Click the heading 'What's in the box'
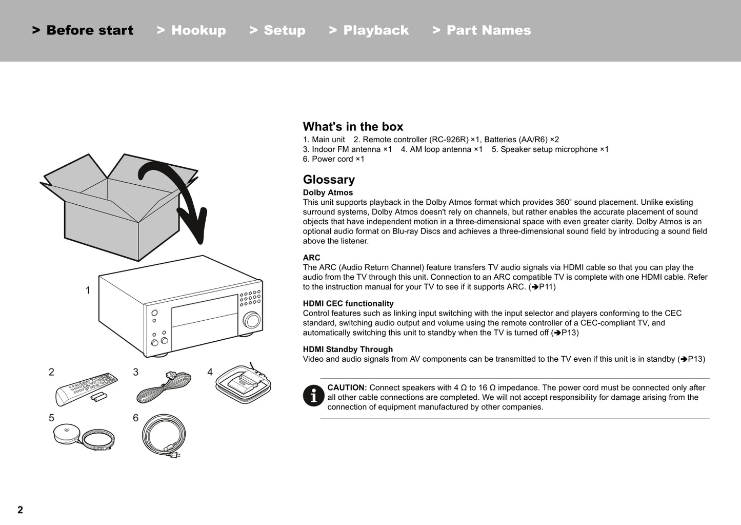(353, 127)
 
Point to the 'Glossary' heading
(329, 180)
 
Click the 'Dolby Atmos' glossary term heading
(328, 193)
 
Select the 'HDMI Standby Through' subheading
(348, 349)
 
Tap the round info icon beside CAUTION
(313, 395)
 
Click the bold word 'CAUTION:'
(347, 388)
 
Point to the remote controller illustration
(86, 388)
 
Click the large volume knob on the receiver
(251, 319)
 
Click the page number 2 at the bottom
(20, 510)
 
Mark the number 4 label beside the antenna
(210, 373)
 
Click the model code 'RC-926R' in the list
(448, 140)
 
